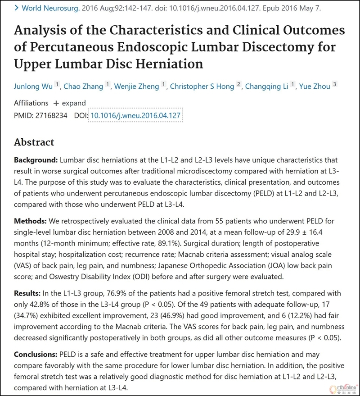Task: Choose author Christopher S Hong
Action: point(202,86)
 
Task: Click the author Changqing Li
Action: point(266,86)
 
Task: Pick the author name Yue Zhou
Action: point(321,86)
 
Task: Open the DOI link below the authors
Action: point(136,116)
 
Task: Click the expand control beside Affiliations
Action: point(69,103)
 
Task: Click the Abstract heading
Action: point(34,142)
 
